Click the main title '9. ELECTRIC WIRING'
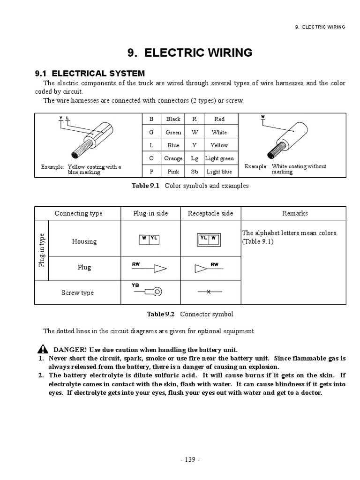point(190,53)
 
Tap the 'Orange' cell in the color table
point(173,158)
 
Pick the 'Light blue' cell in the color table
point(219,172)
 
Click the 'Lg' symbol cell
point(195,158)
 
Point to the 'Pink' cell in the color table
point(173,172)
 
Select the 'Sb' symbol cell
point(195,172)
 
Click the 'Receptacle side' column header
point(210,213)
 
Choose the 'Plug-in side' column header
point(150,213)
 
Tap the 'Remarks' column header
point(295,213)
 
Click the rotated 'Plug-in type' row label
point(42,250)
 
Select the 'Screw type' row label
point(78,292)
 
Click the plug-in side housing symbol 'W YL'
point(150,239)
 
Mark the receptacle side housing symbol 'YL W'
point(210,240)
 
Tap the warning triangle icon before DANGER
point(43,349)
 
